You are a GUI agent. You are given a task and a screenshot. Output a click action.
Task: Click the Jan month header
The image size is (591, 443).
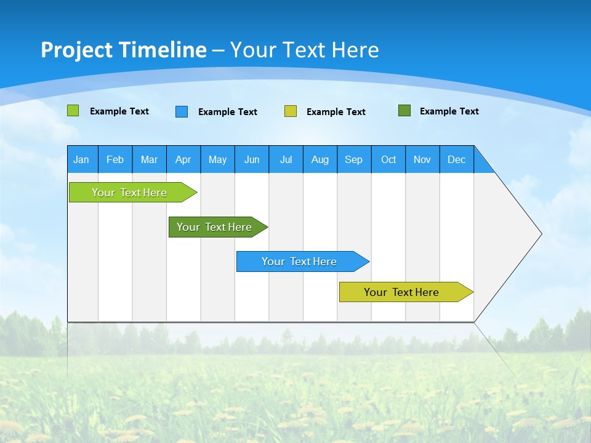click(82, 159)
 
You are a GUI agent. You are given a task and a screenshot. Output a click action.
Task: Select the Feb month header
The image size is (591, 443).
click(115, 159)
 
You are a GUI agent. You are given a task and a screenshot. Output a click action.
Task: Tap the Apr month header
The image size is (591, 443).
click(183, 159)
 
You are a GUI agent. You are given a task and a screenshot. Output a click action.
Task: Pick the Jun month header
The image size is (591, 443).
click(252, 159)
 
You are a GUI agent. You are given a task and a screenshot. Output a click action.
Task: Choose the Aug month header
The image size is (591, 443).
click(320, 159)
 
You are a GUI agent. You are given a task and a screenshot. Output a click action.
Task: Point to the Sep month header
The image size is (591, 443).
click(354, 159)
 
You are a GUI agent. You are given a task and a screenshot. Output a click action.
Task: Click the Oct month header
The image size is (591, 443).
click(388, 159)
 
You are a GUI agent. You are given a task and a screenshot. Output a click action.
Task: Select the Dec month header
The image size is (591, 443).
click(457, 159)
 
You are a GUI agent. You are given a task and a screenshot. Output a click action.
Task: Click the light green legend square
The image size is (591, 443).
click(73, 111)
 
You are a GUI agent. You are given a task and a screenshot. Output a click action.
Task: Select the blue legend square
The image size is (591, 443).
click(182, 111)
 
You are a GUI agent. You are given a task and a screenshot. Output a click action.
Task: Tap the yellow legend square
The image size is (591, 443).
click(291, 111)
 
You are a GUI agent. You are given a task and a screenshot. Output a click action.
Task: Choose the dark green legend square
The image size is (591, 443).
click(404, 111)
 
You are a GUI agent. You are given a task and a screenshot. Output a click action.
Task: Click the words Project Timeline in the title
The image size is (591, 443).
click(123, 50)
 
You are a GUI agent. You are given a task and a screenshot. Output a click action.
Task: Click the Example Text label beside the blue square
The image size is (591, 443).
click(228, 112)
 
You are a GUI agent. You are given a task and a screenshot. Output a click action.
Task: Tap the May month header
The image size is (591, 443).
click(217, 159)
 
